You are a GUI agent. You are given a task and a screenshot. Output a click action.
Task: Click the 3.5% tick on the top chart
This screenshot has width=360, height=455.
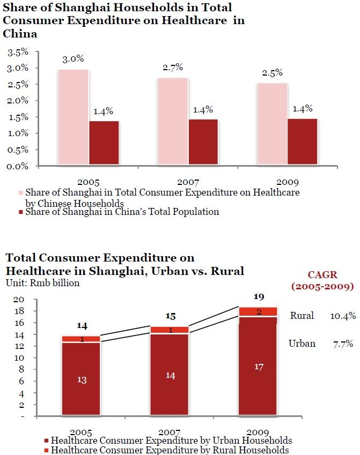pyautogui.click(x=18, y=52)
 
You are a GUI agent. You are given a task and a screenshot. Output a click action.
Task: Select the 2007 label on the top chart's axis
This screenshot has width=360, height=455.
pyautogui.click(x=188, y=182)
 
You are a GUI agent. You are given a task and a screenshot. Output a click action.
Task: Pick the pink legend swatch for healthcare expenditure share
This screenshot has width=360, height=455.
pyautogui.click(x=21, y=192)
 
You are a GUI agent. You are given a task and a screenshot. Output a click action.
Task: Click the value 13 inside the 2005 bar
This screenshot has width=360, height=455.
pyautogui.click(x=82, y=379)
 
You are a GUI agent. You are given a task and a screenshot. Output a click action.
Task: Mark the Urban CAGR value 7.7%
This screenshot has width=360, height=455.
pyautogui.click(x=342, y=344)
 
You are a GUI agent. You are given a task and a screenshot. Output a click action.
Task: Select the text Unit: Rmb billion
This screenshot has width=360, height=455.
pyautogui.click(x=43, y=283)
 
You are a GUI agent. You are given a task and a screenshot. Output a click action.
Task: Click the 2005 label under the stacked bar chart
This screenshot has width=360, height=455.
pyautogui.click(x=80, y=432)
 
